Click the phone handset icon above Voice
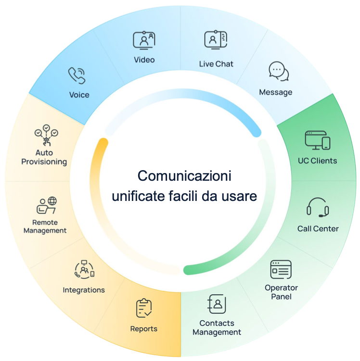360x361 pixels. (x=77, y=75)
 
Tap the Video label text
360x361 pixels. (x=144, y=60)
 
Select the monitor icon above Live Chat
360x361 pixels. (x=216, y=40)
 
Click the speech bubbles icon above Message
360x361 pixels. (x=278, y=72)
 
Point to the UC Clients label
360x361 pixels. (x=318, y=161)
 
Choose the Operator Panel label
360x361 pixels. (x=281, y=292)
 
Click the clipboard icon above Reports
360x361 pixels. (x=143, y=309)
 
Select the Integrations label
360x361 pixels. (x=84, y=290)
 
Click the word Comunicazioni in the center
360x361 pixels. (x=184, y=175)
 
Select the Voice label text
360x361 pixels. (x=79, y=95)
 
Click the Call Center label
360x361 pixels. (x=318, y=228)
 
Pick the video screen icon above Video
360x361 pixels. (x=144, y=40)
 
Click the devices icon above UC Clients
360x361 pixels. (x=318, y=140)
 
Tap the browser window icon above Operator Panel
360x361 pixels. (x=281, y=270)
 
